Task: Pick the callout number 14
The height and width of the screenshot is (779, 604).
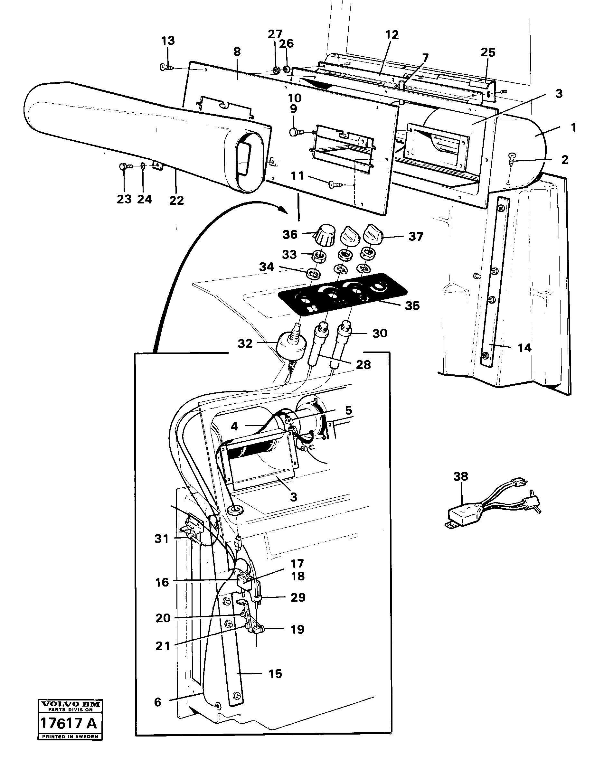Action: [x=524, y=348]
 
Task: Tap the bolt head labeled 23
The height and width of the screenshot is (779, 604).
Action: [x=122, y=166]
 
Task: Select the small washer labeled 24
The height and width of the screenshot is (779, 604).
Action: [x=142, y=166]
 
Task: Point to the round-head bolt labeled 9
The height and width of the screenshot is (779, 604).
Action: [x=294, y=132]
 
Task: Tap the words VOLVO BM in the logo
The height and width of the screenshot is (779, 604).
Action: [x=71, y=704]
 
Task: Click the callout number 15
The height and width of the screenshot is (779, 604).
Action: [x=275, y=674]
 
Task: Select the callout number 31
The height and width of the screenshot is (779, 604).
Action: [x=161, y=539]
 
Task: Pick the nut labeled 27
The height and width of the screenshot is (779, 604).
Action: [x=276, y=70]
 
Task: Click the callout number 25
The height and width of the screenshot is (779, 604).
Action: [x=488, y=52]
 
